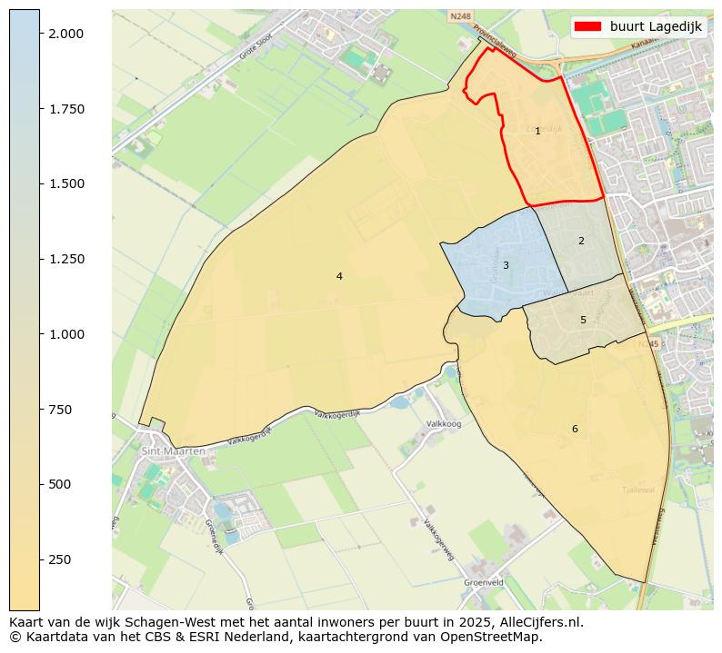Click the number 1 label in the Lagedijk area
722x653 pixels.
[537, 132]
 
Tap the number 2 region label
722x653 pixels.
[581, 241]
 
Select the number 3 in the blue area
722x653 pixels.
[506, 265]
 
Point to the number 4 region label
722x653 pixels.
[339, 276]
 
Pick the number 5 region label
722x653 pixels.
[583, 320]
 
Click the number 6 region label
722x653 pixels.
[575, 429]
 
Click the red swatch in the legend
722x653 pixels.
[589, 27]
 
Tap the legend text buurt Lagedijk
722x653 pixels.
[656, 27]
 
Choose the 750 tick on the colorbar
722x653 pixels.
[60, 410]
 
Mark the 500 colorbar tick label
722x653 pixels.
[60, 484]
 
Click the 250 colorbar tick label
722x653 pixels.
[60, 559]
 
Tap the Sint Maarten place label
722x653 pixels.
[173, 450]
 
